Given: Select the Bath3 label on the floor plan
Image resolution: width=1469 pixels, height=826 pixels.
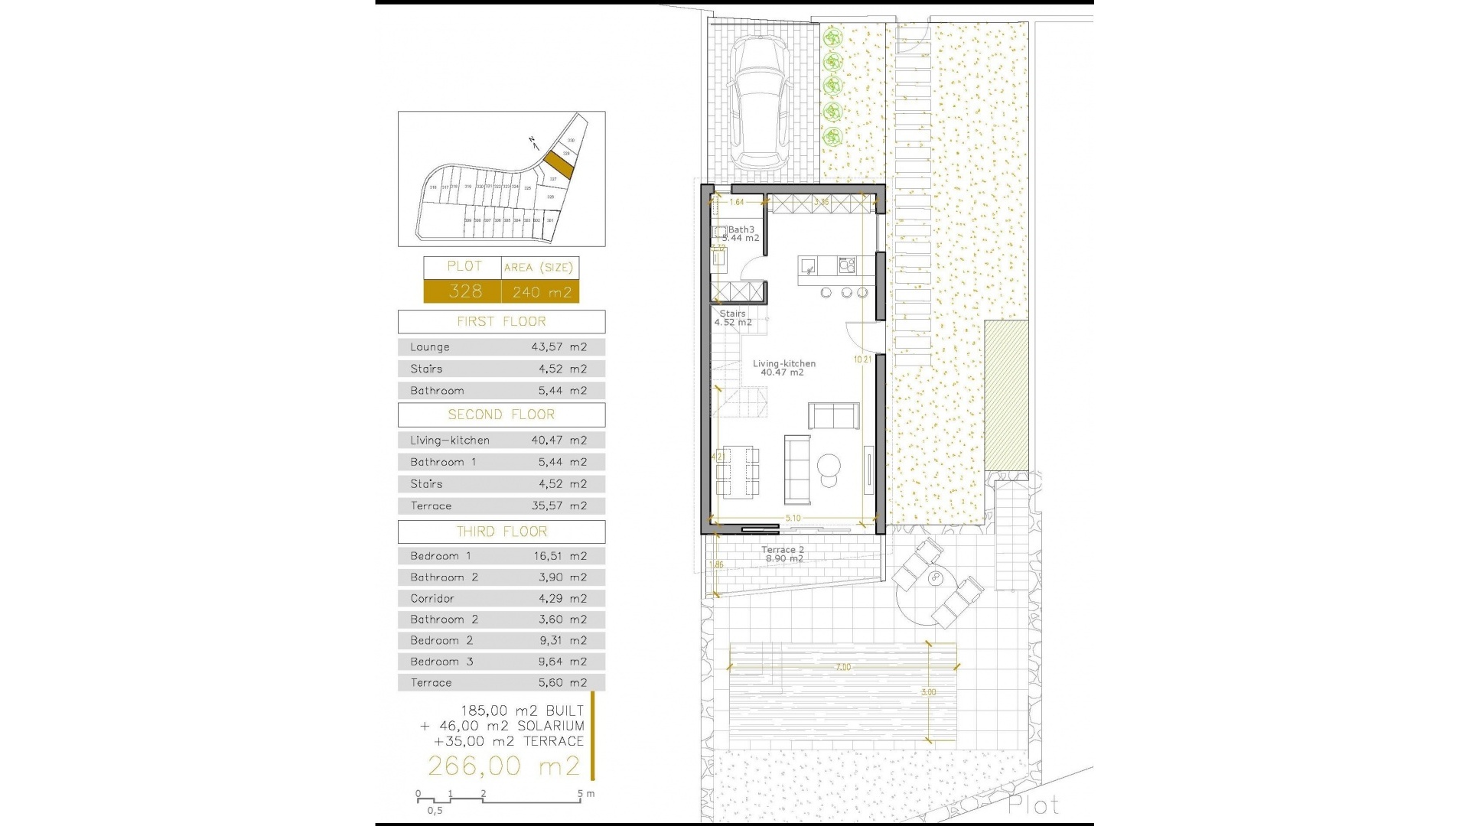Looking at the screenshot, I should [x=741, y=229].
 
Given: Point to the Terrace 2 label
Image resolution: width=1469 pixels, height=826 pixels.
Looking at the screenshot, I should [x=783, y=550].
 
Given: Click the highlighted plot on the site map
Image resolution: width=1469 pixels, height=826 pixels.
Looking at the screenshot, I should [x=559, y=163].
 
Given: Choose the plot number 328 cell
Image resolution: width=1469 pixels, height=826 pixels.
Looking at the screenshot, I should [x=464, y=291].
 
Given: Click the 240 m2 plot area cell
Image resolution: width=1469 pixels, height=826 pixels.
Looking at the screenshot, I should [x=541, y=291].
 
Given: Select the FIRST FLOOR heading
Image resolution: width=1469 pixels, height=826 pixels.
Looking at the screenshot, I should [x=501, y=321].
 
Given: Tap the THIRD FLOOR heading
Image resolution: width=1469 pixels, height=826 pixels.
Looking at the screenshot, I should [x=501, y=532].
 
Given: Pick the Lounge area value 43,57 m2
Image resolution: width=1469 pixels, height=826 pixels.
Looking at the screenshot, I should [x=559, y=347].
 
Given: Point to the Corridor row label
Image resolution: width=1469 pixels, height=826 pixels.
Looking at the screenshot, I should [x=432, y=599].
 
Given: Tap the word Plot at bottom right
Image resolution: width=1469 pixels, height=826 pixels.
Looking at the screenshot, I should [x=1033, y=805].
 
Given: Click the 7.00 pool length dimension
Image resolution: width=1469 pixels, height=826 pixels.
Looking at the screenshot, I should [x=842, y=667].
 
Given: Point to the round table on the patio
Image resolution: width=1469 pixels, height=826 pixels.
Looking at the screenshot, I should [x=935, y=579].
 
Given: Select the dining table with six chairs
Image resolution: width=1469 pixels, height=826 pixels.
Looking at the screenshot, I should [x=738, y=472].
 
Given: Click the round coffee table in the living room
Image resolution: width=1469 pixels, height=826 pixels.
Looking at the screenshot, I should [x=829, y=465].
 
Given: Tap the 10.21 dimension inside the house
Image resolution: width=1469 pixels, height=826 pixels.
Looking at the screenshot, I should [x=862, y=359].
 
